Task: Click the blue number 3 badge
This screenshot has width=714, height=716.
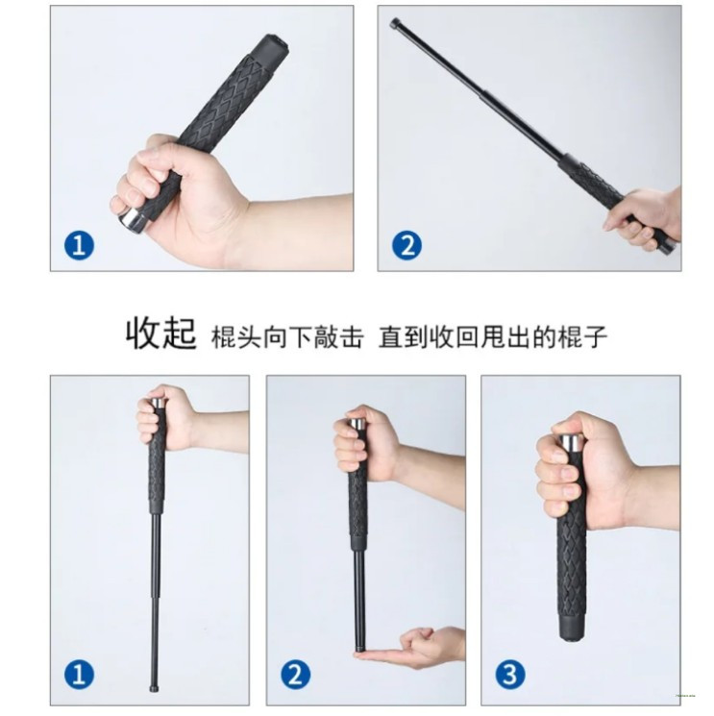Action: click(x=510, y=675)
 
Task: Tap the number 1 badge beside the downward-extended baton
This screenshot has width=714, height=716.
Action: click(x=80, y=675)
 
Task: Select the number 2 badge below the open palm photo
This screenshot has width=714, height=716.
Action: click(x=296, y=675)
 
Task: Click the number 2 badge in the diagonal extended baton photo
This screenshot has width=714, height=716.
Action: click(x=406, y=245)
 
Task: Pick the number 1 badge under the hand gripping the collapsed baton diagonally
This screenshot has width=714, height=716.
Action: click(x=80, y=245)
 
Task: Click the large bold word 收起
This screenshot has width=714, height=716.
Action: click(x=161, y=333)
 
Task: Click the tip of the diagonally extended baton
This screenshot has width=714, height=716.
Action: click(x=395, y=23)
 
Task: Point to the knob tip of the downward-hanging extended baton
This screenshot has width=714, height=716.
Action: click(x=156, y=688)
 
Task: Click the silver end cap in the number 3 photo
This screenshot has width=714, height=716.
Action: click(x=571, y=442)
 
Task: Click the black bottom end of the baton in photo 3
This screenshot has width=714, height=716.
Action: click(x=573, y=627)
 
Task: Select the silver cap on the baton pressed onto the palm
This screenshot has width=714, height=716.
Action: click(x=357, y=423)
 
